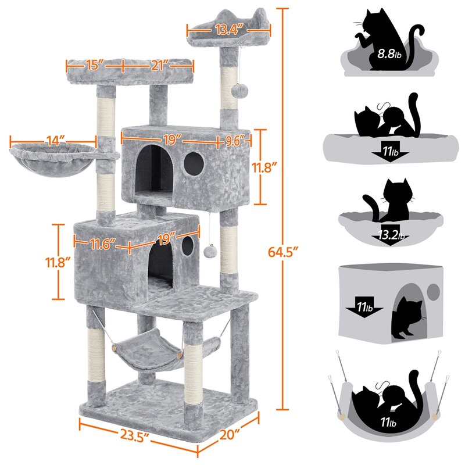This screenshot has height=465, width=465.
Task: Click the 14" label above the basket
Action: coord(53,140)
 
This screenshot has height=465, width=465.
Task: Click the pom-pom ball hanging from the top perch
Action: coord(238,91)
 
